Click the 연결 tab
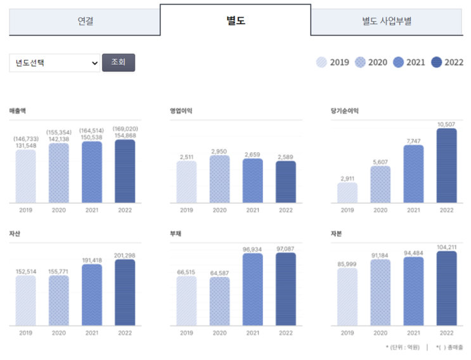[x=85, y=21]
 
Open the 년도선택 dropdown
[x=55, y=63]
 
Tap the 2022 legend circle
[x=436, y=62]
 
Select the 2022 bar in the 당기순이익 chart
[x=446, y=166]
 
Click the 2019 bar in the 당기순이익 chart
[x=347, y=193]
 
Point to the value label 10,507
[x=446, y=124]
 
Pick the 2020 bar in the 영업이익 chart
[x=219, y=179]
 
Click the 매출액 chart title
[x=18, y=110]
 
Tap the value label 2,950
[x=219, y=151]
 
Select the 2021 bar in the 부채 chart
[x=252, y=289]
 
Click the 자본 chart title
[x=336, y=233]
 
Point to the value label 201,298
[x=125, y=255]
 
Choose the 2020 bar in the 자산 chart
[x=59, y=300]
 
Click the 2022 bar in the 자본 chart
[x=446, y=288]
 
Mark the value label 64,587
[x=219, y=273]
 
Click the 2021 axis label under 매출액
[x=92, y=210]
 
